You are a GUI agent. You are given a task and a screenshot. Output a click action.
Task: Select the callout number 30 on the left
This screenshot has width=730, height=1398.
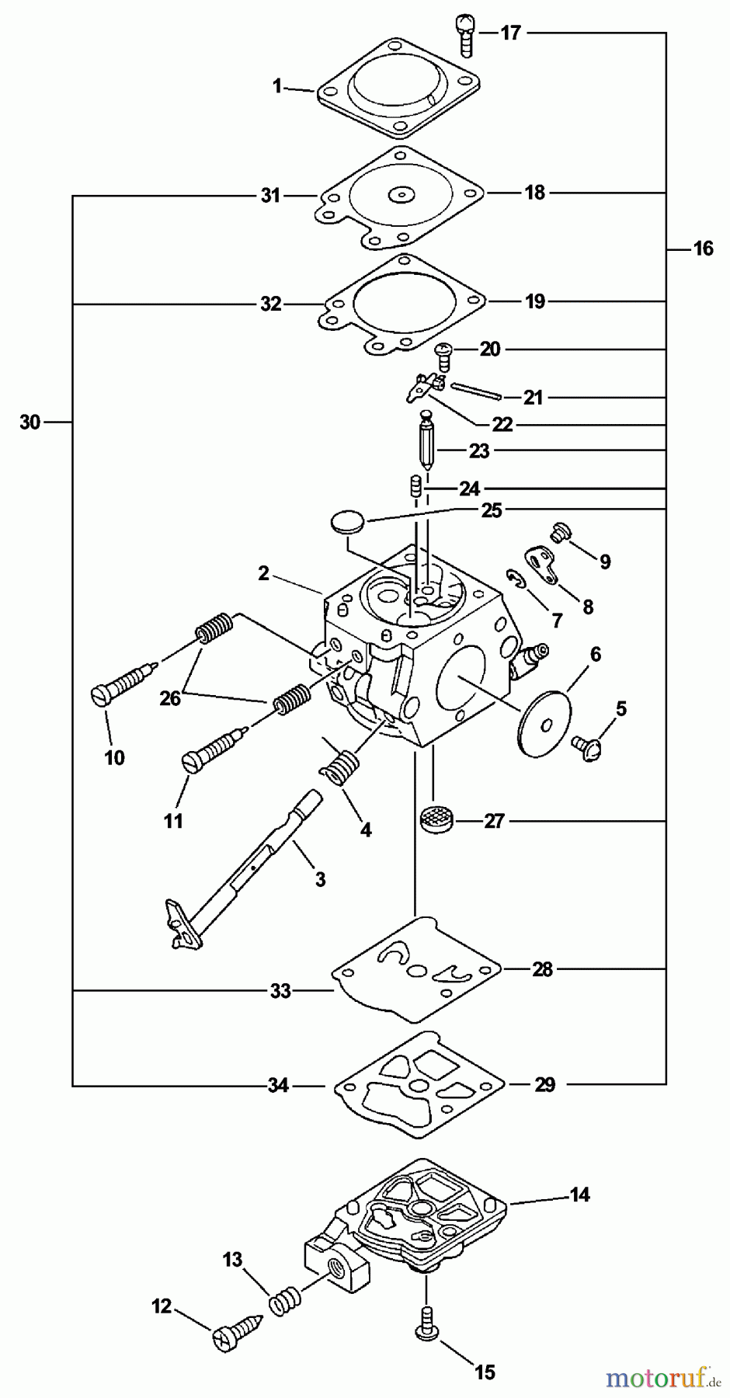[x=30, y=423]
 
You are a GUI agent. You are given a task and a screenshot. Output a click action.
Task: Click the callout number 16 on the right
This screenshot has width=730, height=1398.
[x=703, y=249]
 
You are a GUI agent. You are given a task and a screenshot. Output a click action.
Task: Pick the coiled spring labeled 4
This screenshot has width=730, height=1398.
[x=339, y=765]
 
